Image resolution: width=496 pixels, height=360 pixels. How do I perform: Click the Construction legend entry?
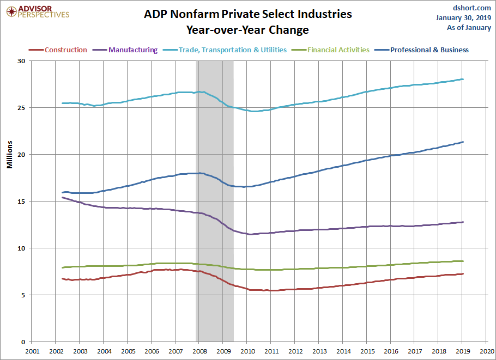(58, 50)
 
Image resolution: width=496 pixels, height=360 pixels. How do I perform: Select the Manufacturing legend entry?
(125, 50)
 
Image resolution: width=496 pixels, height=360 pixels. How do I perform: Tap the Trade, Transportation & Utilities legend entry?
(225, 50)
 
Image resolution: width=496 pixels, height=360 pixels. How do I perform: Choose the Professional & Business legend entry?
(422, 50)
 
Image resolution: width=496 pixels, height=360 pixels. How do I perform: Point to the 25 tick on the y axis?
(21, 108)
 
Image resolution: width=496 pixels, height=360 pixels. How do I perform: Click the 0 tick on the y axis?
(23, 342)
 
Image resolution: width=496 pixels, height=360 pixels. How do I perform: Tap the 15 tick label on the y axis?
(21, 202)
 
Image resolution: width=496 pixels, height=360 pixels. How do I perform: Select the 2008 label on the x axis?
(199, 351)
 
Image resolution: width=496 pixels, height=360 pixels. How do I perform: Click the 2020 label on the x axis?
(487, 351)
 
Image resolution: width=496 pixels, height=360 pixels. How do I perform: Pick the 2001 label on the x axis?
(32, 351)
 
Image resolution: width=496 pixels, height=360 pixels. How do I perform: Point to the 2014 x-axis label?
(343, 351)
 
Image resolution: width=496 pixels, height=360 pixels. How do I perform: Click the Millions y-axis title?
(10, 155)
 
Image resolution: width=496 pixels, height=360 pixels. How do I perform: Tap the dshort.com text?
(471, 8)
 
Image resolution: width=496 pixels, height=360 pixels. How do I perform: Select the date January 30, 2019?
(463, 17)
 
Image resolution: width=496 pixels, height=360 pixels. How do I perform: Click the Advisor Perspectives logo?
(38, 12)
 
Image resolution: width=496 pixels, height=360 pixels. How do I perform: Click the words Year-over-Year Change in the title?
(247, 30)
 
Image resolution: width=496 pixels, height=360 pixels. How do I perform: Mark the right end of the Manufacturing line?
(463, 222)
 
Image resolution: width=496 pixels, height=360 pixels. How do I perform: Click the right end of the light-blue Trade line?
(463, 79)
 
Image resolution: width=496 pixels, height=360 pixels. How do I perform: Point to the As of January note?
(469, 27)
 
